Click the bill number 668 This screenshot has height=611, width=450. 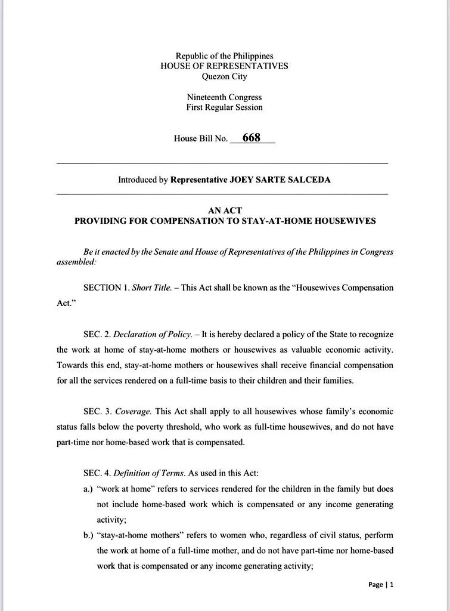[x=251, y=138]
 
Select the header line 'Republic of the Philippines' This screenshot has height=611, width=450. [x=224, y=56]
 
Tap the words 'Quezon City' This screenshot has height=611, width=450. [x=224, y=76]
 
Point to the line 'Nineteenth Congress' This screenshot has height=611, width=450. [x=224, y=97]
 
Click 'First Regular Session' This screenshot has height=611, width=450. [x=224, y=107]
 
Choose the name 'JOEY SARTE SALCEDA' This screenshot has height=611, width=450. [x=280, y=180]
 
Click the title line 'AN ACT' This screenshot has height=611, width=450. [x=225, y=210]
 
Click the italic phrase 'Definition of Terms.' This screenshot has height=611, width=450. [x=149, y=474]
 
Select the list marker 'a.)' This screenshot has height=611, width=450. [x=89, y=489]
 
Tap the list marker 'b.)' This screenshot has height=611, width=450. [x=89, y=535]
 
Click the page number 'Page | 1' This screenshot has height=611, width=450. [x=381, y=585]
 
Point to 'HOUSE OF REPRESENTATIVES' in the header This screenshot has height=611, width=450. [x=224, y=66]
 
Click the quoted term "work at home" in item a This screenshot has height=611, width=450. [x=122, y=489]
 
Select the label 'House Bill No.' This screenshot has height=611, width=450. [x=201, y=138]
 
